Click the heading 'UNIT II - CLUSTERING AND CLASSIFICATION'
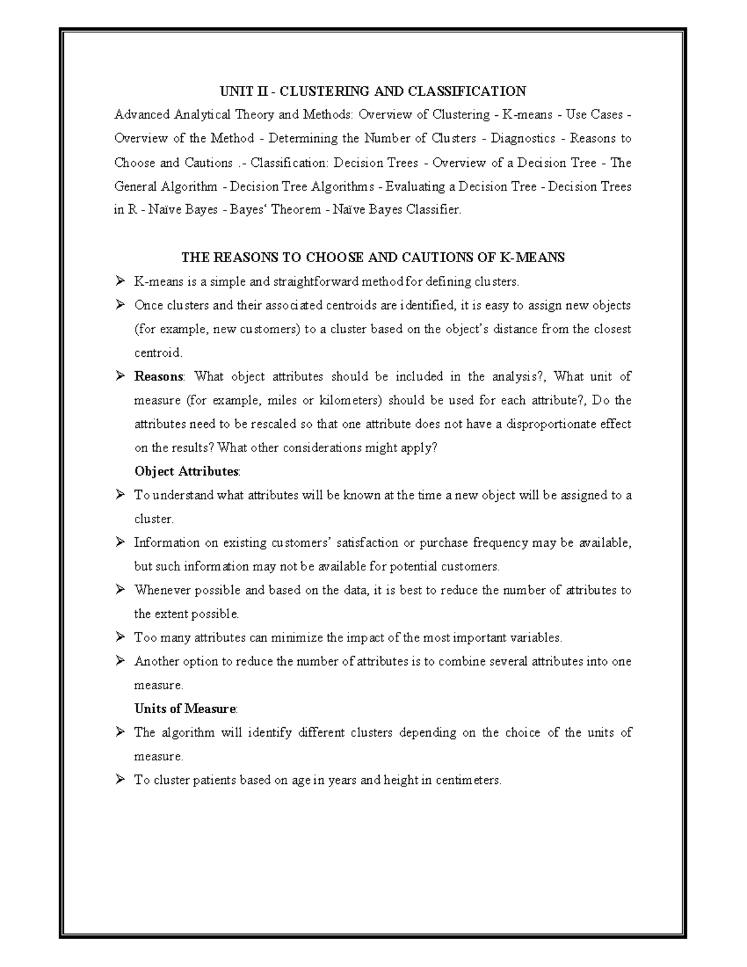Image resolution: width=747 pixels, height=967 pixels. tap(372, 92)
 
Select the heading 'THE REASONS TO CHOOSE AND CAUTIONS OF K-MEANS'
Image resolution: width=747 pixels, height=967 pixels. tap(372, 258)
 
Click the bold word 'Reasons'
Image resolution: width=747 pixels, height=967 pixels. tap(159, 377)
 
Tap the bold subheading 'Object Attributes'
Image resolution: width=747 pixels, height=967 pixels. tap(186, 471)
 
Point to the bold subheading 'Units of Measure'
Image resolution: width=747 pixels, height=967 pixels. tap(185, 709)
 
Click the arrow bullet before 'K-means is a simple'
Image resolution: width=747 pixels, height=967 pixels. tap(120, 281)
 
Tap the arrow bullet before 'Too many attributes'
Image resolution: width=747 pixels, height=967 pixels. tap(120, 638)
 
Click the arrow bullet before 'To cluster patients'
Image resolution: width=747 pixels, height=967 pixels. tap(120, 780)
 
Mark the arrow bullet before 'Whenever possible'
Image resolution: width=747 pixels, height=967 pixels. tap(120, 590)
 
